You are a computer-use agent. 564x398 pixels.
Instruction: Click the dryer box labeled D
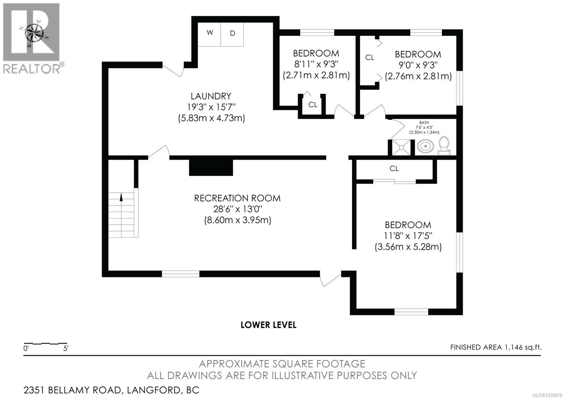pos(232,34)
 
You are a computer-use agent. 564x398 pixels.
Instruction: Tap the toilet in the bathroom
pos(444,146)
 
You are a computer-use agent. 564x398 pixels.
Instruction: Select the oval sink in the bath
pos(426,147)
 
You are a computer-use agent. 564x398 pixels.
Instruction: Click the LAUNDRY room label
pos(211,96)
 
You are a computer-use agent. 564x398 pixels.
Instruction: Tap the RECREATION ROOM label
pos(237,198)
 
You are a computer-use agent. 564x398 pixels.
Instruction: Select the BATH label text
pos(424,123)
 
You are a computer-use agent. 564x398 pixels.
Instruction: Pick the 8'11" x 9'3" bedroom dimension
pos(316,64)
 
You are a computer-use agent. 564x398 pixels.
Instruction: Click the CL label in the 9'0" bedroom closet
pos(369,57)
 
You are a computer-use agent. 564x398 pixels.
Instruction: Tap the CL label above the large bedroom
pos(394,169)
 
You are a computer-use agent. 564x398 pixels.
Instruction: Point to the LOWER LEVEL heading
pos(268,325)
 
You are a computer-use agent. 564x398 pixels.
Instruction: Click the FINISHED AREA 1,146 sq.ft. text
pos(496,347)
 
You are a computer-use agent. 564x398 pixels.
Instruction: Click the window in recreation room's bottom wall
pos(180,274)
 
